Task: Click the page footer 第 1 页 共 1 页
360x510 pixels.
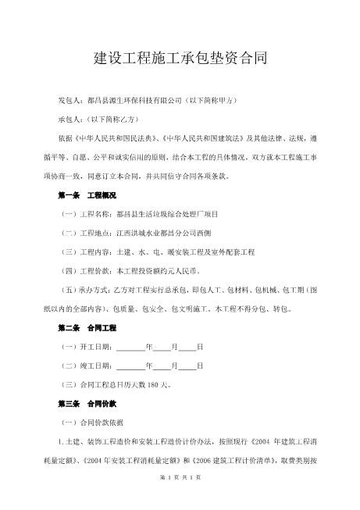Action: click(x=180, y=498)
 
